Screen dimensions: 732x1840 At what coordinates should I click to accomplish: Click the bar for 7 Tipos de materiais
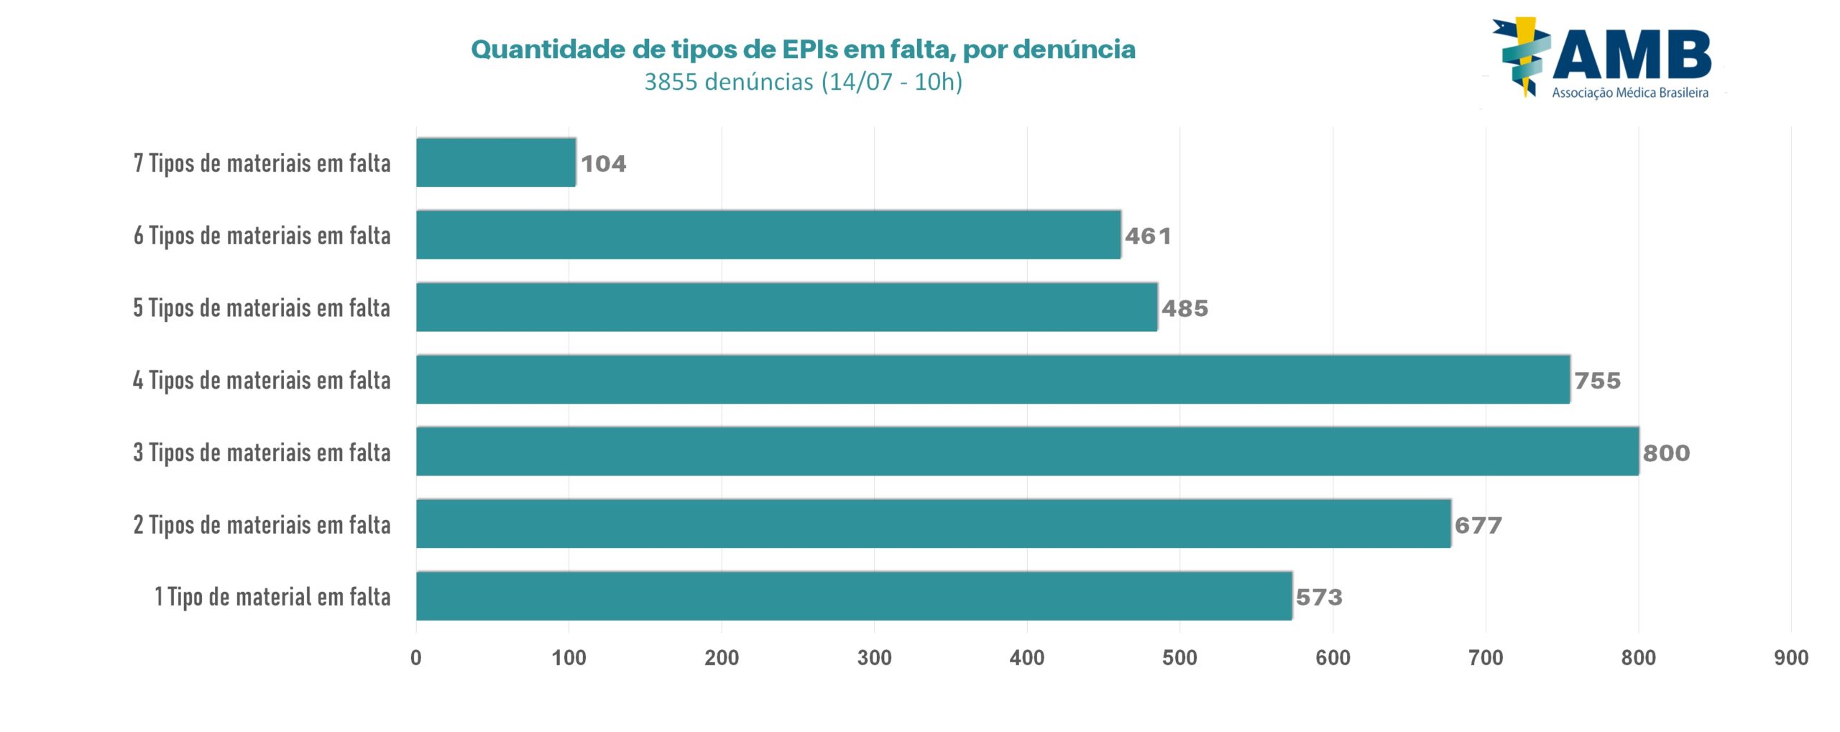click(496, 163)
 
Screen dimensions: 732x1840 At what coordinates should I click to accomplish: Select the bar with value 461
click(768, 235)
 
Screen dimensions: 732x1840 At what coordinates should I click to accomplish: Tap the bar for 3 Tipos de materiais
click(1027, 452)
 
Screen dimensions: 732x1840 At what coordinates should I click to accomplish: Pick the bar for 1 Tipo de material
click(854, 596)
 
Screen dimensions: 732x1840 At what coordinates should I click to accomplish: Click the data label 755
click(1597, 381)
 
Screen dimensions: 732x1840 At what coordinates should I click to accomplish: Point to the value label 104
click(603, 164)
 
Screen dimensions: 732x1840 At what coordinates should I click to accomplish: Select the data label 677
click(1478, 525)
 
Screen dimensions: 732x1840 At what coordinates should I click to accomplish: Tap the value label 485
click(1184, 309)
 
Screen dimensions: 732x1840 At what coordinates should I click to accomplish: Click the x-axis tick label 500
click(1179, 658)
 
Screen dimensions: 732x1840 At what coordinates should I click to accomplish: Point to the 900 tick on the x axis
click(1790, 658)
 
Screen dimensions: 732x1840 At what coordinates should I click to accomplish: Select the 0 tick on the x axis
click(416, 658)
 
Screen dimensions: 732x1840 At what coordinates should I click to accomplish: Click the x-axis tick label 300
click(874, 658)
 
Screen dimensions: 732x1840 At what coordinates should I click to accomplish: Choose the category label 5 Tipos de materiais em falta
click(262, 308)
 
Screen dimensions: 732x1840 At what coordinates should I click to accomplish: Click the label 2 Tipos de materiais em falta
click(262, 525)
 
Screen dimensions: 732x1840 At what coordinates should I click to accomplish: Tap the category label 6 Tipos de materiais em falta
click(262, 236)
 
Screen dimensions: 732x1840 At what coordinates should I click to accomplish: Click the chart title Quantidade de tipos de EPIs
click(803, 50)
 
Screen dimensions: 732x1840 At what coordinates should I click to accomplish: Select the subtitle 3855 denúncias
click(803, 82)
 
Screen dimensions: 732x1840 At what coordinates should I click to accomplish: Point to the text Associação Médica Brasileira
click(1629, 93)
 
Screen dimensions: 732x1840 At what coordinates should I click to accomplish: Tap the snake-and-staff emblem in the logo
click(1522, 56)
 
